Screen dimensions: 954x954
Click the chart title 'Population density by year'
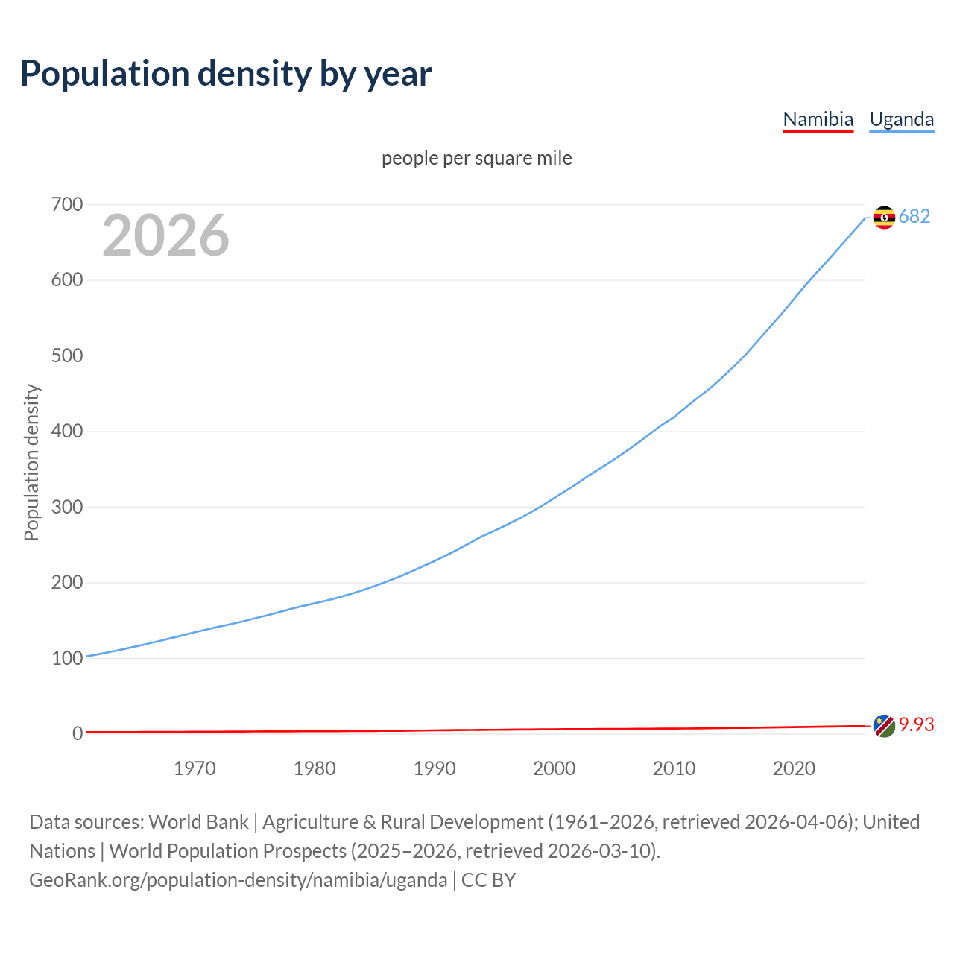click(x=226, y=74)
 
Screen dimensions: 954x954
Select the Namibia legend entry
click(x=818, y=119)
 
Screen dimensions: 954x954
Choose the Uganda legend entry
click(x=901, y=119)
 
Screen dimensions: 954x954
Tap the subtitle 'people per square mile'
click(x=476, y=158)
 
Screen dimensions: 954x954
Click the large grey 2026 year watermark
click(x=165, y=236)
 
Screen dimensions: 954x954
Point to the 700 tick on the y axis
click(x=67, y=204)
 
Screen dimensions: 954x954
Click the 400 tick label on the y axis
click(x=67, y=431)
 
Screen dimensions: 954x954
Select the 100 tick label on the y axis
click(x=67, y=658)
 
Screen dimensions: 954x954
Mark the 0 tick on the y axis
click(x=78, y=733)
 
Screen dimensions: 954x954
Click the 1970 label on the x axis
click(x=195, y=768)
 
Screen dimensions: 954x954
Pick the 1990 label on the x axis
click(x=435, y=768)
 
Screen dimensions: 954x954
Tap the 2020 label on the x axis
click(x=794, y=768)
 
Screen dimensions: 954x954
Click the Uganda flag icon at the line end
click(x=884, y=217)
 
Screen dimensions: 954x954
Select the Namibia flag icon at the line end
click(x=884, y=726)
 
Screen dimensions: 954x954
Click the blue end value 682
click(x=914, y=216)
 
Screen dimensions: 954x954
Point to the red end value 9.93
click(x=917, y=724)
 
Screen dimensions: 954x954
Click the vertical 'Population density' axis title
click(x=31, y=462)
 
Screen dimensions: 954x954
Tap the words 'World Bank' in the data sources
click(x=198, y=822)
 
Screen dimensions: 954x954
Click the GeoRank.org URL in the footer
click(x=238, y=880)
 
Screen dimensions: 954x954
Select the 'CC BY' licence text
click(x=489, y=880)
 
